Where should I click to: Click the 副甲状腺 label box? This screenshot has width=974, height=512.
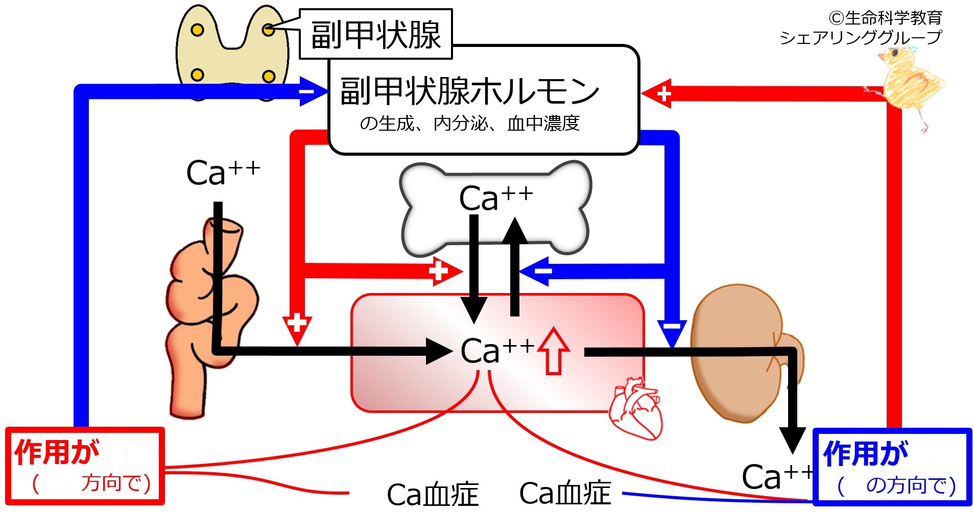coord(375,34)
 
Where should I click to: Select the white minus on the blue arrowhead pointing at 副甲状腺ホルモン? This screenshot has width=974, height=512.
coord(306,92)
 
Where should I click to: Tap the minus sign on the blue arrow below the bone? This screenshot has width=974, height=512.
coord(543,271)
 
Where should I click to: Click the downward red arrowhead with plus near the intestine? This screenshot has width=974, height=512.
coord(297,329)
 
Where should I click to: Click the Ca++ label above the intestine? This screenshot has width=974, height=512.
coord(223,173)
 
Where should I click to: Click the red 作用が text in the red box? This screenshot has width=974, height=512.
coord(56,452)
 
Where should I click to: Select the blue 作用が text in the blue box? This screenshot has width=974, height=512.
coord(866,453)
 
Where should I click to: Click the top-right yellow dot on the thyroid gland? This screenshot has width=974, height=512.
coord(268,30)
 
